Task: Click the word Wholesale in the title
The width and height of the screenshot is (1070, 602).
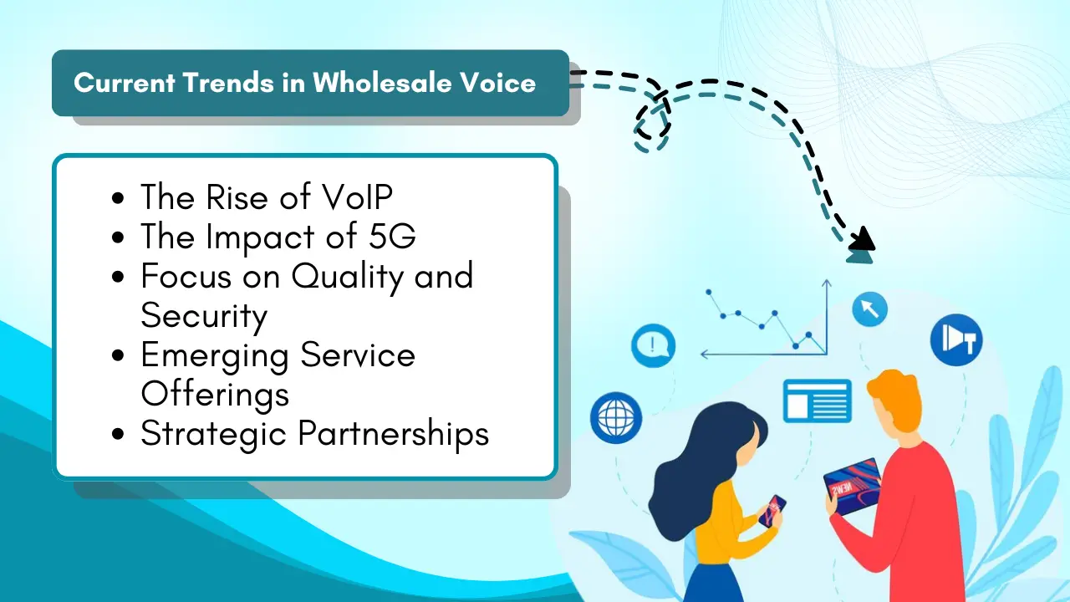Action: [x=382, y=83]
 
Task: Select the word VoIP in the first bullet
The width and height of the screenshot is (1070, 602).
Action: [x=357, y=196]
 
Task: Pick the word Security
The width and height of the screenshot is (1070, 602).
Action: [x=204, y=316]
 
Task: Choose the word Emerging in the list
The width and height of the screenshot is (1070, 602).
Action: [x=215, y=356]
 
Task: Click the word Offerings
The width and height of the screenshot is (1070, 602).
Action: [x=215, y=395]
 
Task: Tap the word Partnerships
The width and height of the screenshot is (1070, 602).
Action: [x=394, y=434]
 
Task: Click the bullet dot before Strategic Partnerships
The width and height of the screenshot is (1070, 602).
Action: [x=118, y=434]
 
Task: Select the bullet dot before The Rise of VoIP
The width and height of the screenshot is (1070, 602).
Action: [x=118, y=198]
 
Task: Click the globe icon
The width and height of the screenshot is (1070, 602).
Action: [x=616, y=417]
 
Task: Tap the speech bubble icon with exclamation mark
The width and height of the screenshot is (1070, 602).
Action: [x=653, y=345]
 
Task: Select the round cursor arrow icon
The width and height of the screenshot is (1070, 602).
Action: [x=870, y=309]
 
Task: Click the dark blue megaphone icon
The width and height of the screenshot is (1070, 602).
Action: [x=956, y=339]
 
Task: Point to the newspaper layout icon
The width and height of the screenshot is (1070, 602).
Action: [x=818, y=400]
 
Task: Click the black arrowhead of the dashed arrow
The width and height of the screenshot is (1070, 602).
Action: [x=863, y=238]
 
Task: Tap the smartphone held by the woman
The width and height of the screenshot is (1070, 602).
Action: [x=772, y=510]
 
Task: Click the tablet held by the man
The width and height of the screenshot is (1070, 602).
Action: [x=853, y=487]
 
